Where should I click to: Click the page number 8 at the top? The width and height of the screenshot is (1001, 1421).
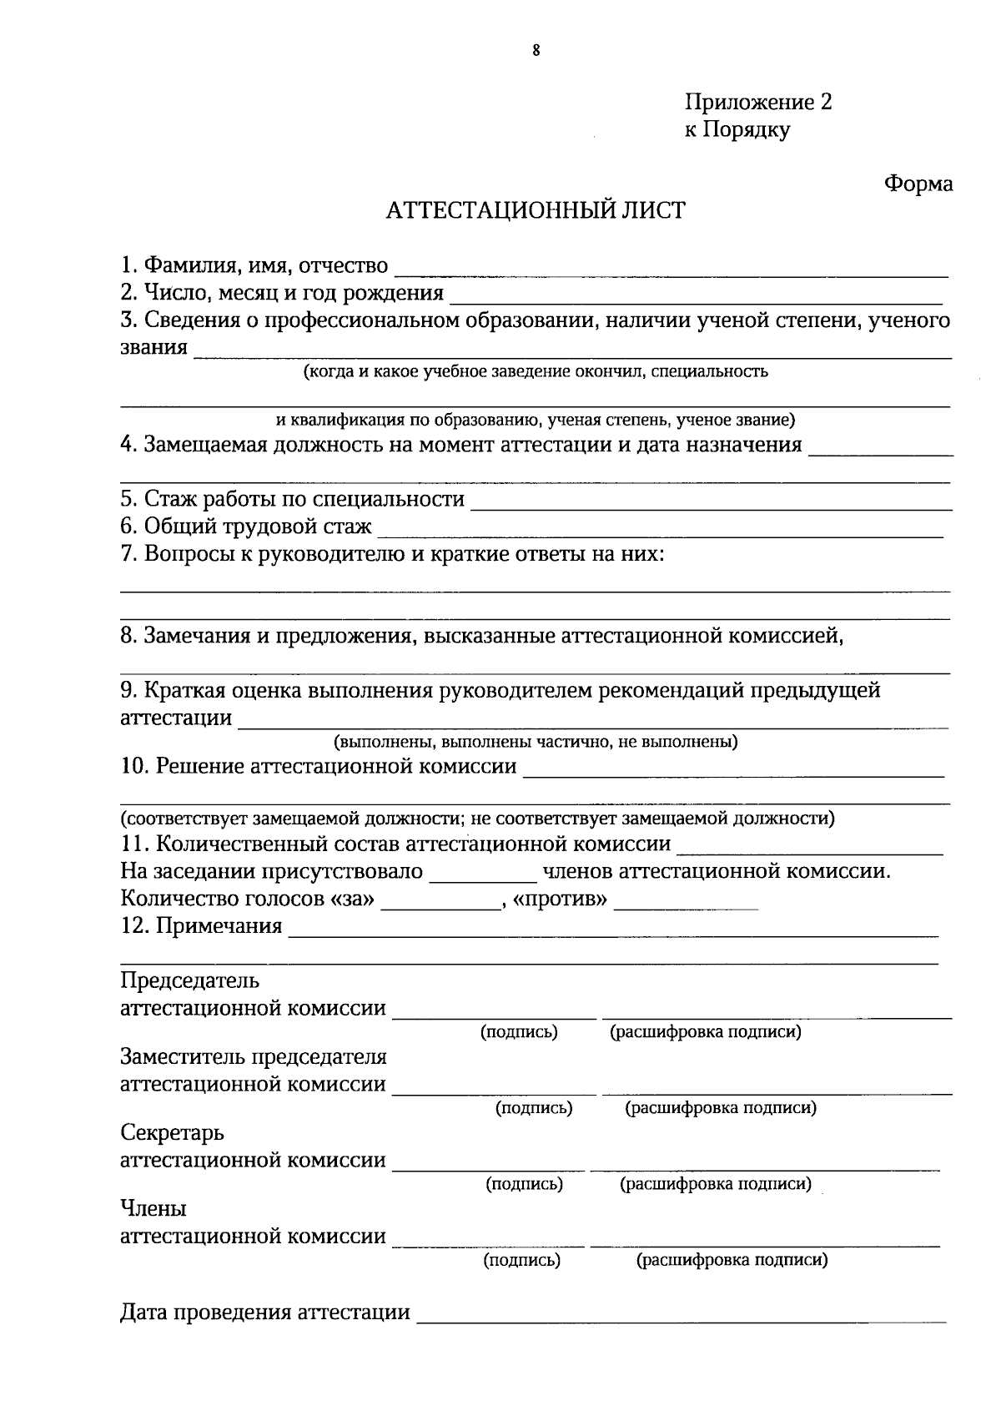pyautogui.click(x=536, y=51)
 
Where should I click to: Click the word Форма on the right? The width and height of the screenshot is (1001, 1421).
pyautogui.click(x=918, y=184)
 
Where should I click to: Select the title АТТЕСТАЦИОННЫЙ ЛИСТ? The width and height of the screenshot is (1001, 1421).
pyautogui.click(x=536, y=210)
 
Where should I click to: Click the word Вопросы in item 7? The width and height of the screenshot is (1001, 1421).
pyautogui.click(x=188, y=554)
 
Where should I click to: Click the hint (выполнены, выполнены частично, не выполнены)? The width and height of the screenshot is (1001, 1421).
pyautogui.click(x=536, y=742)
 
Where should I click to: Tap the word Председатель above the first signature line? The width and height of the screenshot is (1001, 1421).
pyautogui.click(x=190, y=980)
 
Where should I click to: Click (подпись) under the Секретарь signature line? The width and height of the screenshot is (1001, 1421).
pyautogui.click(x=524, y=1184)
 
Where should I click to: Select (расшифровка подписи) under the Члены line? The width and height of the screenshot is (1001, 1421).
pyautogui.click(x=732, y=1260)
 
